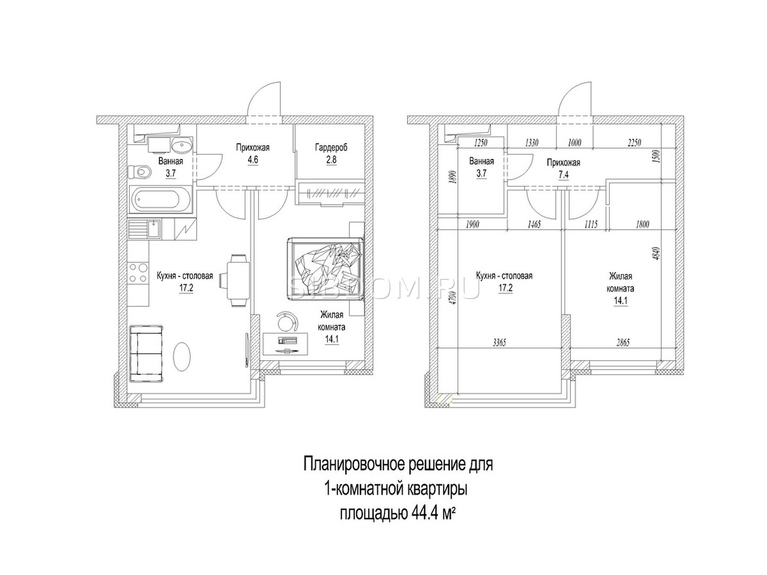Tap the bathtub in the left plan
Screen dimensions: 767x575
(x=161, y=199)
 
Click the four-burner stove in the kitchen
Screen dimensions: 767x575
(x=139, y=273)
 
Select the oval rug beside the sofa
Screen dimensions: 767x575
(x=182, y=357)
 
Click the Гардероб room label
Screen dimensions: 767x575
(x=331, y=148)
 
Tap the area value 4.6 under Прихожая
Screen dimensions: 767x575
(x=253, y=160)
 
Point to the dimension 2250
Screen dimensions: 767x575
(x=634, y=142)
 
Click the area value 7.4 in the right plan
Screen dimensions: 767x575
(x=563, y=175)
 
